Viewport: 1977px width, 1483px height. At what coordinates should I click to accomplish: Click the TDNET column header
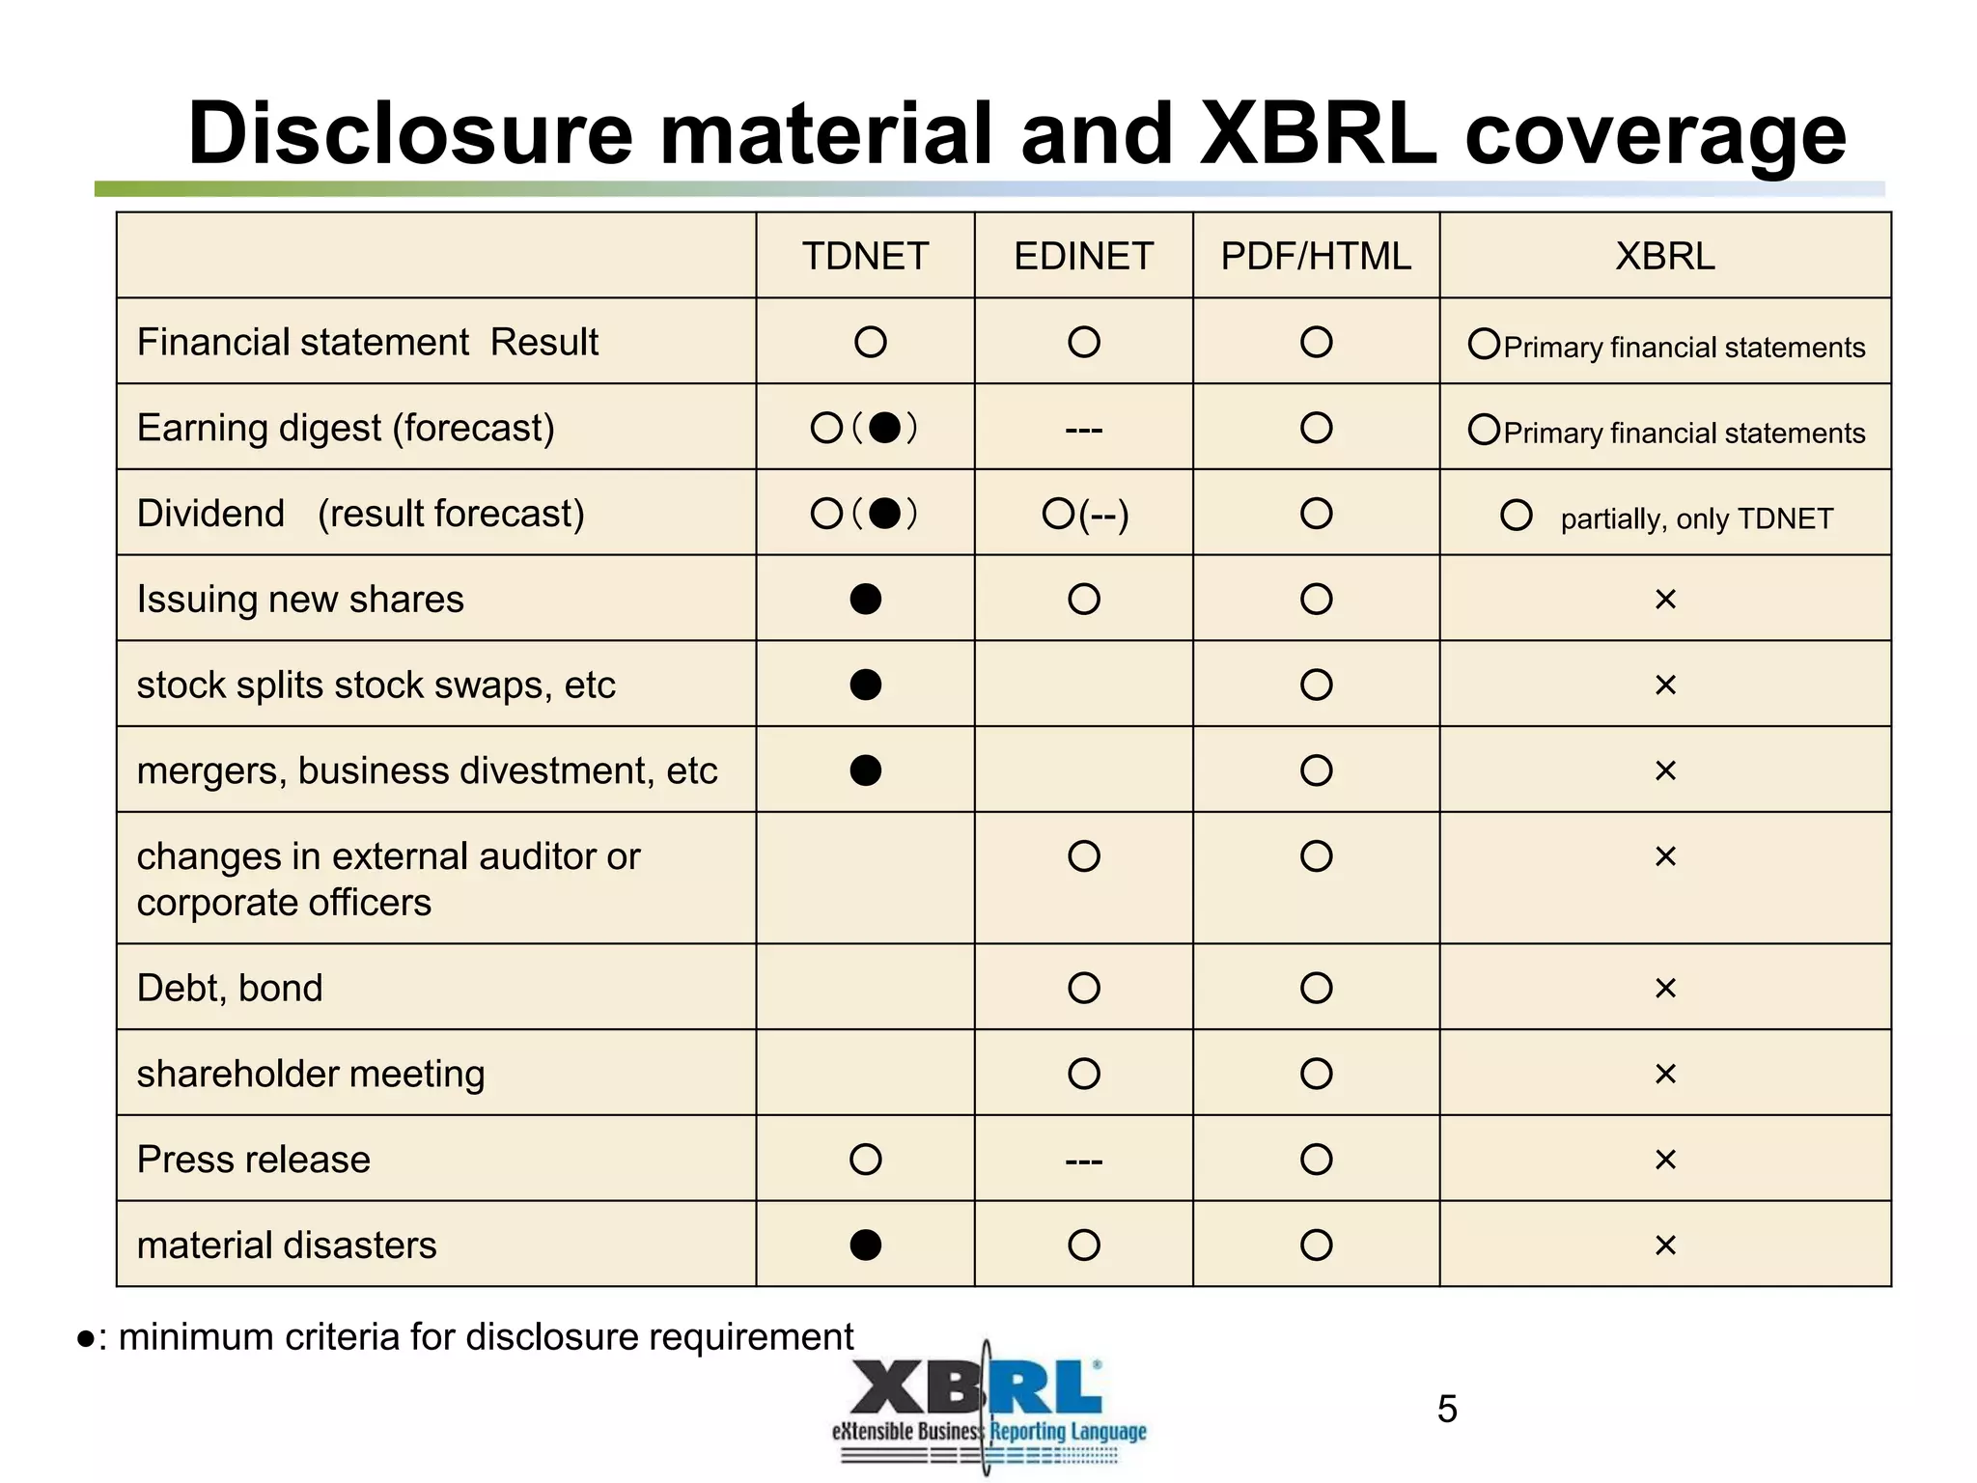[865, 257]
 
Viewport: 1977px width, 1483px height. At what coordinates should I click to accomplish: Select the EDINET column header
[1083, 257]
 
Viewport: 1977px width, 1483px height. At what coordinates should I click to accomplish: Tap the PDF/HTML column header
[1316, 257]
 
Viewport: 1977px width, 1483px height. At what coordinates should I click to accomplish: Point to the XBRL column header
[1665, 257]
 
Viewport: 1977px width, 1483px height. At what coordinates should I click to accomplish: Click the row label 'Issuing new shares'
[300, 600]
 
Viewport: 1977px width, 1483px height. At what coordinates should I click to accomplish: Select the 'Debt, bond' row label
[230, 988]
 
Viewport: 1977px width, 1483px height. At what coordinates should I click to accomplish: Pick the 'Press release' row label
[254, 1160]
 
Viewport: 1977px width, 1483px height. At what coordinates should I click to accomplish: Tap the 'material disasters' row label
[287, 1245]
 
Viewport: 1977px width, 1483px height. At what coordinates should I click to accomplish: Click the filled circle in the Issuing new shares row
[866, 600]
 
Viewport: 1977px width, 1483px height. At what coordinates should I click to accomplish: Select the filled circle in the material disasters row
[866, 1245]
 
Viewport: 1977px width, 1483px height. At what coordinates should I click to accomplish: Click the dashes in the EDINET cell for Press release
[1083, 1161]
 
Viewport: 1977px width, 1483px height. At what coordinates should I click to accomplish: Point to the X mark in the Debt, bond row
[1665, 989]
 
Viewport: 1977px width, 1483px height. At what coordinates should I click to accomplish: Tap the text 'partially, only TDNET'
[1696, 519]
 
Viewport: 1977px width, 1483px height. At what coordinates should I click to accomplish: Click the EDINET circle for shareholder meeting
[1084, 1074]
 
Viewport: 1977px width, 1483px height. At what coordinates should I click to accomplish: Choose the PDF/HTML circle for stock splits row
[1316, 686]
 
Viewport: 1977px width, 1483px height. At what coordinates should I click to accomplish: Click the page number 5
[1447, 1410]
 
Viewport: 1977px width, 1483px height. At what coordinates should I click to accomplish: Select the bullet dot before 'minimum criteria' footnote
[86, 1339]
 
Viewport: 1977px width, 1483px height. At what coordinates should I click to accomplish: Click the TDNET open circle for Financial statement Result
[870, 342]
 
